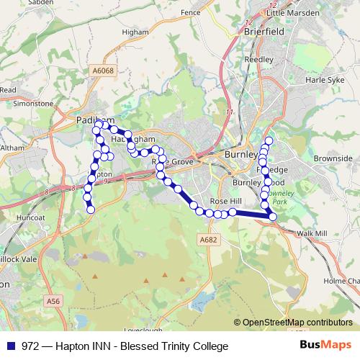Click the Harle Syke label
point(323,79)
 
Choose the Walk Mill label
point(311,234)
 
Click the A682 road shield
point(207,240)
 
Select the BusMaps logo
point(326,346)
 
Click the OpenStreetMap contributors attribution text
point(297,323)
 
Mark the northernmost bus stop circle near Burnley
point(269,140)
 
